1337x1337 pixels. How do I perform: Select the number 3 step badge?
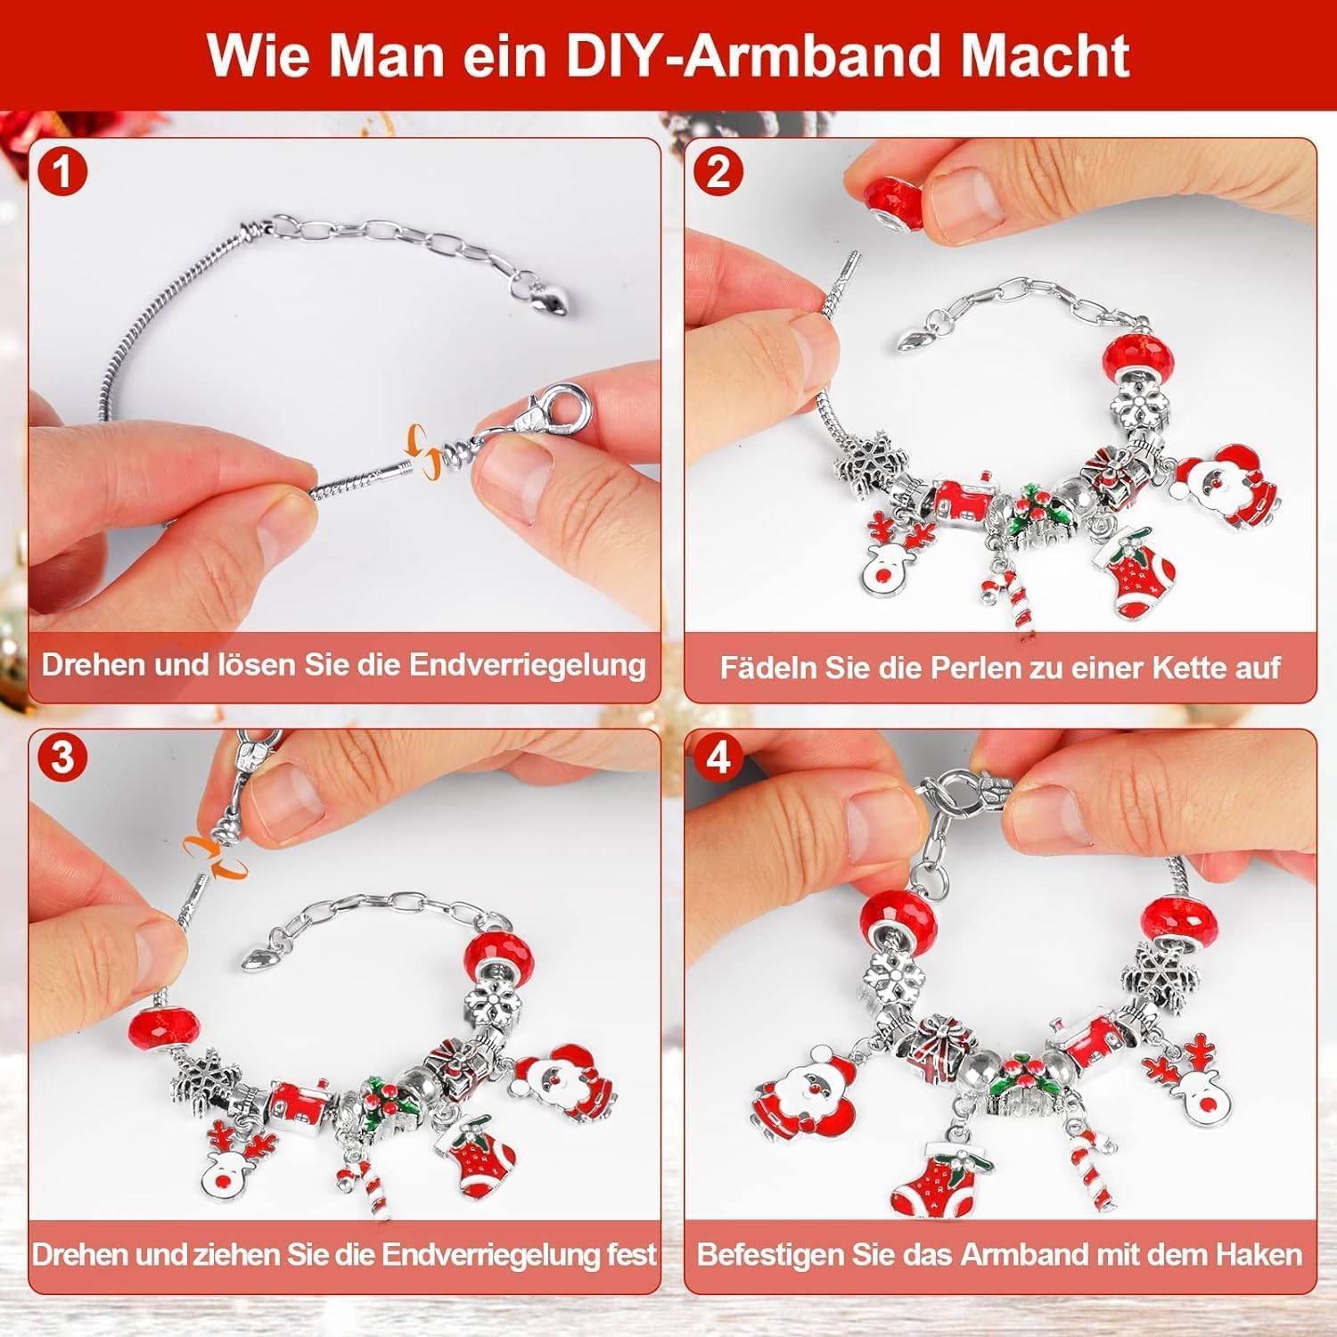[x=62, y=757]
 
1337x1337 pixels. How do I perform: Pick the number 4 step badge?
[x=718, y=757]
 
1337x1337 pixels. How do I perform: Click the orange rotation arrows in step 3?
[x=215, y=856]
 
